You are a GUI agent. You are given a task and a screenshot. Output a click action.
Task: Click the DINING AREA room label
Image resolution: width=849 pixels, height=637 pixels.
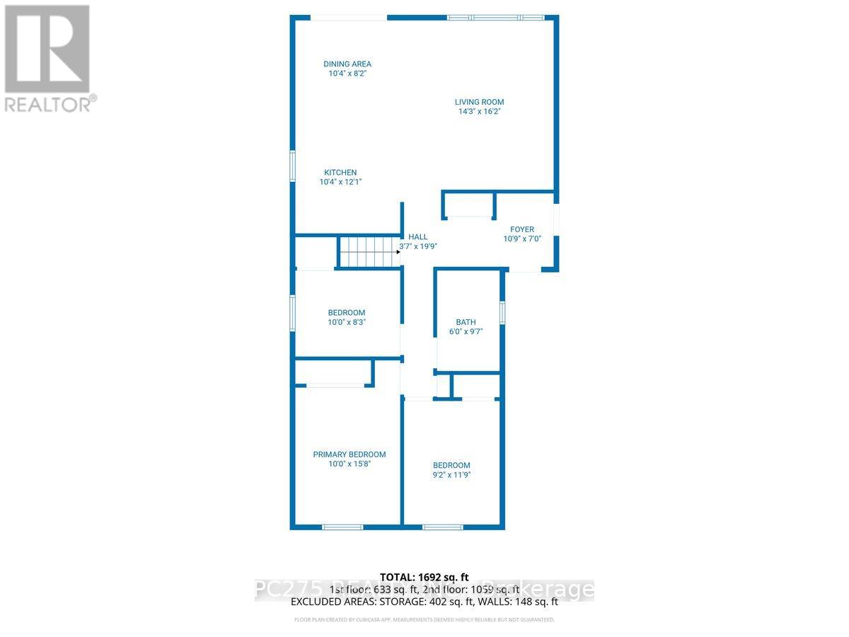click(x=347, y=64)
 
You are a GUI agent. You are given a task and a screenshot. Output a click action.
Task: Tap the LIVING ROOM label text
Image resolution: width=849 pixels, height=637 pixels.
click(x=479, y=102)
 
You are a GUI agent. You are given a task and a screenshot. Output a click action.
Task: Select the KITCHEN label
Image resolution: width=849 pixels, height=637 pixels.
click(x=340, y=173)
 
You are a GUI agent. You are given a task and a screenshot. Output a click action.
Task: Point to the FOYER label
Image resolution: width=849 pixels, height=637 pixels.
click(x=522, y=229)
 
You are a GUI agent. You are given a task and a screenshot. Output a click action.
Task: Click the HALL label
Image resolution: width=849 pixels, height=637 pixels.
click(x=417, y=237)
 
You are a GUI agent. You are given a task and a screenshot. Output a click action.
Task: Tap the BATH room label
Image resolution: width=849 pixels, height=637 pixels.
click(x=466, y=322)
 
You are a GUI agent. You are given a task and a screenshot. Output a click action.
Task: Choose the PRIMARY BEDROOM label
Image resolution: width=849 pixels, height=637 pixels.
click(x=350, y=454)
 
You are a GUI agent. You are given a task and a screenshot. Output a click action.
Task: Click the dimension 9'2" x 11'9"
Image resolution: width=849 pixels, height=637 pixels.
click(x=451, y=475)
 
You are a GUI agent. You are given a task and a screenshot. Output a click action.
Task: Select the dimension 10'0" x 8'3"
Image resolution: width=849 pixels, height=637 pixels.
click(x=347, y=322)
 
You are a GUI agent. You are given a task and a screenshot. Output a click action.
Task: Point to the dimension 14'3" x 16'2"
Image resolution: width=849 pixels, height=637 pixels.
click(x=479, y=111)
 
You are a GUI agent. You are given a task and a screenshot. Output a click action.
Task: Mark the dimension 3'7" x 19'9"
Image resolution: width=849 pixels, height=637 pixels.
click(x=418, y=247)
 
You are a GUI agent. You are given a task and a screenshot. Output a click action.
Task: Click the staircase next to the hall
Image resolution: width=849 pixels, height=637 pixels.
click(x=366, y=251)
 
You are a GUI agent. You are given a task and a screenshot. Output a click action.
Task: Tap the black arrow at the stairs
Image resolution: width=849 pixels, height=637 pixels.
click(x=398, y=251)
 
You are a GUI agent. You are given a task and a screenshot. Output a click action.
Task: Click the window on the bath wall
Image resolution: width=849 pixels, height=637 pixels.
click(x=502, y=313)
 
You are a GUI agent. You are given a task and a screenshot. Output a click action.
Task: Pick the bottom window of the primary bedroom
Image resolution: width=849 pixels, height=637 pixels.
click(x=342, y=527)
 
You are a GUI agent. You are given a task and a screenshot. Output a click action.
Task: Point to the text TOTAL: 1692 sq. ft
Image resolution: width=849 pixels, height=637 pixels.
click(x=424, y=578)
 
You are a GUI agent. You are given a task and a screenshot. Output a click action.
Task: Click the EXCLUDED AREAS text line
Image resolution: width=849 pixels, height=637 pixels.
click(x=424, y=602)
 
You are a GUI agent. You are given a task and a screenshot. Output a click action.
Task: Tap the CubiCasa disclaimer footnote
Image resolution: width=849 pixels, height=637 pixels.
click(x=424, y=619)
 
